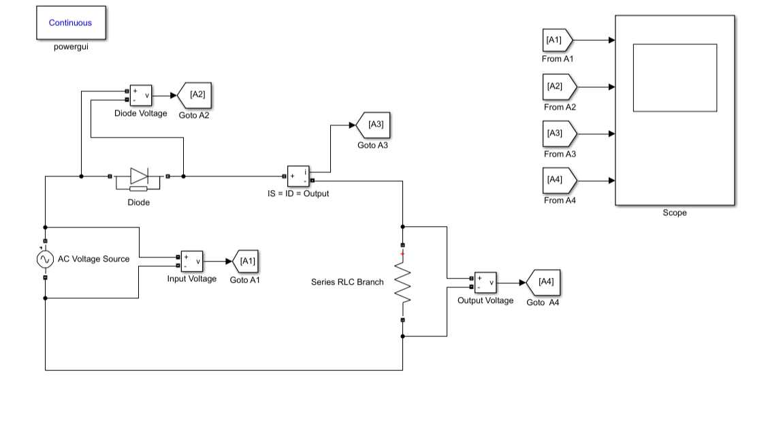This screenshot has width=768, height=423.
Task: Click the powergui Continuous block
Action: pos(70,23)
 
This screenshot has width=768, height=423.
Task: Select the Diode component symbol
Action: pos(139,177)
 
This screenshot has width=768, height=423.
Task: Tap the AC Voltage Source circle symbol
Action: pos(45,260)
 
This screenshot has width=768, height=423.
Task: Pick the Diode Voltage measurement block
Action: pos(141,95)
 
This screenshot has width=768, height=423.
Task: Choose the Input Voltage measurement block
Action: pos(191,262)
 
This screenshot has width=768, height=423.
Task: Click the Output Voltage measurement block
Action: pos(485,283)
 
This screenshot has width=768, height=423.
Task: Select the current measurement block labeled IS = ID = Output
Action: pos(298,176)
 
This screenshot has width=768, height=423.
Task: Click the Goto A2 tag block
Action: pos(195,95)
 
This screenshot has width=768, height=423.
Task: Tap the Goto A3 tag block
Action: pos(373,125)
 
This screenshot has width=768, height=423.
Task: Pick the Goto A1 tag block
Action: pos(245,262)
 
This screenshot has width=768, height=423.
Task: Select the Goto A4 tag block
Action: pos(543,282)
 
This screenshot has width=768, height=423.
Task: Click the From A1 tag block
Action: pos(558,40)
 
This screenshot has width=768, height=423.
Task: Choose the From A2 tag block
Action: pos(559,87)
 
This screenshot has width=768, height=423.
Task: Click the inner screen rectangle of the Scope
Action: pos(674,78)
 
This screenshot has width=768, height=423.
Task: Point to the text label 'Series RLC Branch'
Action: pos(347,282)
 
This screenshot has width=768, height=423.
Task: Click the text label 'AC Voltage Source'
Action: pos(93,259)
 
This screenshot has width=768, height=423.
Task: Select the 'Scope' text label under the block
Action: pos(674,213)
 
